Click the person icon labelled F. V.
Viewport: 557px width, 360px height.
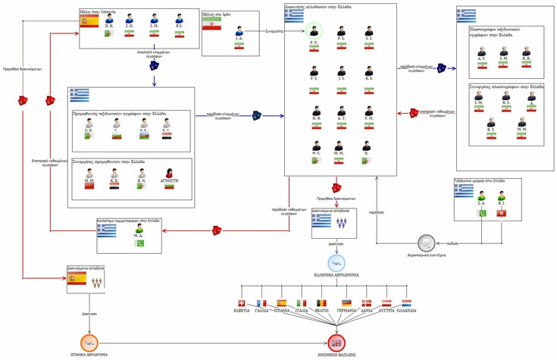click(314, 31)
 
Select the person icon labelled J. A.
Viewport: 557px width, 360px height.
click(239, 32)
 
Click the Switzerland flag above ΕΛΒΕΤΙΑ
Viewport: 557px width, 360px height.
click(243, 303)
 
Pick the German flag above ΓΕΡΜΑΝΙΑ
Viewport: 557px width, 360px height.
click(346, 303)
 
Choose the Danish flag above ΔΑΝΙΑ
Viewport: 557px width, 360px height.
click(367, 303)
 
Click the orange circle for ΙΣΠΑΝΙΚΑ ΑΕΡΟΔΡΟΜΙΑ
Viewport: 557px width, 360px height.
click(89, 343)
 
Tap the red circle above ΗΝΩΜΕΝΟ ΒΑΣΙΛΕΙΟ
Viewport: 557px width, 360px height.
click(336, 343)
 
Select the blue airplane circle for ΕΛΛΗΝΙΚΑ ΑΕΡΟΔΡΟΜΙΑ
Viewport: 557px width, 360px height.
click(336, 263)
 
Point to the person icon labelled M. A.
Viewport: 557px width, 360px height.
click(139, 228)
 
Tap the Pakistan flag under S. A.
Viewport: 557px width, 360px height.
click(481, 213)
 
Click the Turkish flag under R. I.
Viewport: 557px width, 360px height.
click(502, 213)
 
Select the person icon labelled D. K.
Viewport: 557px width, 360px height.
click(109, 19)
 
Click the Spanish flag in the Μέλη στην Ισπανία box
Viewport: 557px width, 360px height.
click(89, 22)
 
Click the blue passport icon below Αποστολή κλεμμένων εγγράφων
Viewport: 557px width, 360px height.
click(154, 65)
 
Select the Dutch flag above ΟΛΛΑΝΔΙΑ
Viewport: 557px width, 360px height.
click(407, 303)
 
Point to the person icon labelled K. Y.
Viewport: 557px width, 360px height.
click(167, 124)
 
